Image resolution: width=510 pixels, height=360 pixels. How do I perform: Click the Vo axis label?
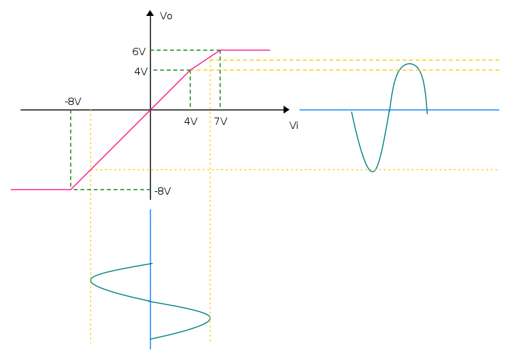coord(166,16)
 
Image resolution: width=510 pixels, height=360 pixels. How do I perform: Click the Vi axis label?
coord(294,126)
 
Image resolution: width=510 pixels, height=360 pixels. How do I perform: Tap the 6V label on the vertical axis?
coord(139,51)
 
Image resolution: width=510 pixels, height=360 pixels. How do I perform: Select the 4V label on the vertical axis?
coord(141,72)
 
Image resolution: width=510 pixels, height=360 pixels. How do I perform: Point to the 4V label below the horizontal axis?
coord(191,122)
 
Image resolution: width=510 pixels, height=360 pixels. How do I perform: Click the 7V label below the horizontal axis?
coord(220,122)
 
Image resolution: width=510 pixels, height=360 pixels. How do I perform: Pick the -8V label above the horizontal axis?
coord(73,102)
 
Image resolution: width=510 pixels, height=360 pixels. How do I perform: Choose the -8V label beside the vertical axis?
coord(163,191)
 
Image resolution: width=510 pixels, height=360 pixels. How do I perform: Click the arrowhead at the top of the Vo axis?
coord(150,13)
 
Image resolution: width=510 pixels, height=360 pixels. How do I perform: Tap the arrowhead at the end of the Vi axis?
coord(287,110)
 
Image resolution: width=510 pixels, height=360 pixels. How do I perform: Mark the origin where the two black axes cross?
coord(150,110)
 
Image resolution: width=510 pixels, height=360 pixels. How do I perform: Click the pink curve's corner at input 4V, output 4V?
coord(191,70)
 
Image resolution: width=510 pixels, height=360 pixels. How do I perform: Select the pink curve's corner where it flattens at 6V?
coord(220,50)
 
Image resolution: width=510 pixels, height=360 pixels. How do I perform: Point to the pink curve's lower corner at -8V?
coord(71,189)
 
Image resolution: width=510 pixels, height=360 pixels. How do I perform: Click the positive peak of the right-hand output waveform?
coord(409,64)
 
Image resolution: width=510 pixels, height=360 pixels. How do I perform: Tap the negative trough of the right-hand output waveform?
coord(373,171)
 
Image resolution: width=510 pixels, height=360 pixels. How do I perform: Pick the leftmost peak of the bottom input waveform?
coord(91,280)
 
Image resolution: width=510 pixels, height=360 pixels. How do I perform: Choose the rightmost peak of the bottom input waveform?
coord(210,317)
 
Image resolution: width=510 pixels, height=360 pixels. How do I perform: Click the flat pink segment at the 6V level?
coord(245,50)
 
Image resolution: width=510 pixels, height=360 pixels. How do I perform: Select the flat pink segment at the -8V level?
coord(41,189)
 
